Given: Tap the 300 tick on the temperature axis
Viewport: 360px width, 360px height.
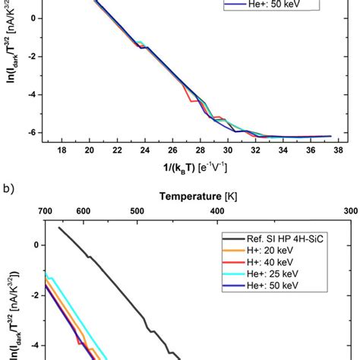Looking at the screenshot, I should pyautogui.click(x=351, y=210).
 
